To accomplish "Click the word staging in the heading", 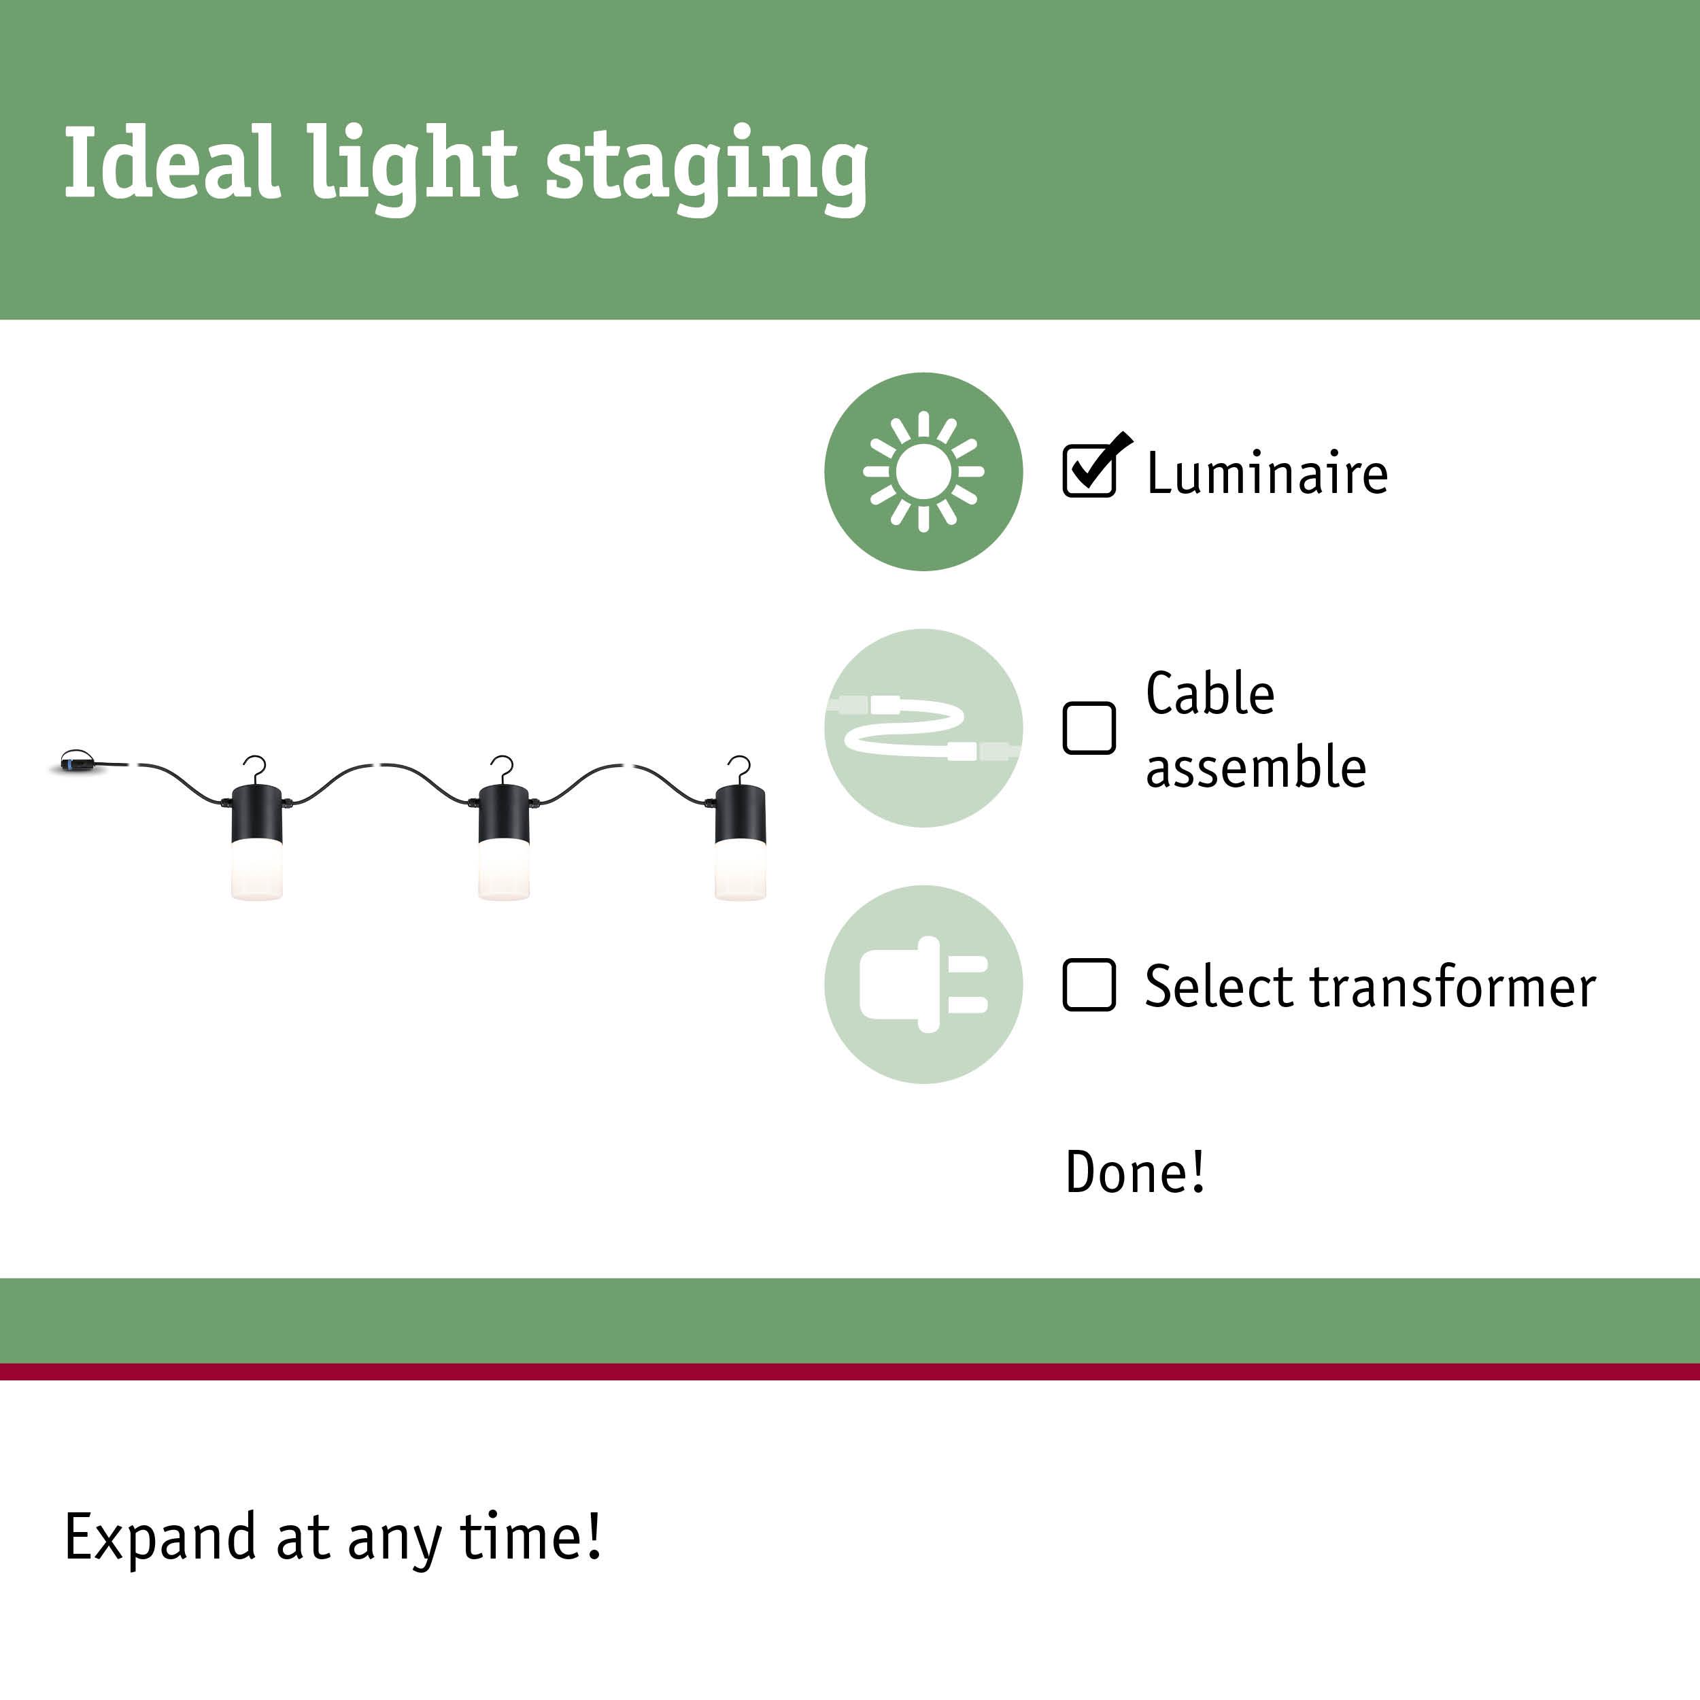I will (707, 167).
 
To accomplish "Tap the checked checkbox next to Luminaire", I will (1089, 471).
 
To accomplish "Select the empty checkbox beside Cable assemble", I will (1089, 728).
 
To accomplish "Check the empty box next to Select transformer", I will (1089, 985).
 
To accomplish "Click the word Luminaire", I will (1267, 473).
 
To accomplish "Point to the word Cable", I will (1209, 694).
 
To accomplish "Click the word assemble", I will (1256, 766).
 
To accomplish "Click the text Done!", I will (1134, 1172).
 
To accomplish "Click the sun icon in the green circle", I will (923, 472).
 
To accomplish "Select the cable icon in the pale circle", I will (923, 728).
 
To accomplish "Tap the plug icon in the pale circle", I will (923, 985).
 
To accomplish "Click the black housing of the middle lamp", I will (503, 813).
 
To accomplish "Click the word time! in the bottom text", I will (530, 1536).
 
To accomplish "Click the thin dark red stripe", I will (850, 1371).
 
